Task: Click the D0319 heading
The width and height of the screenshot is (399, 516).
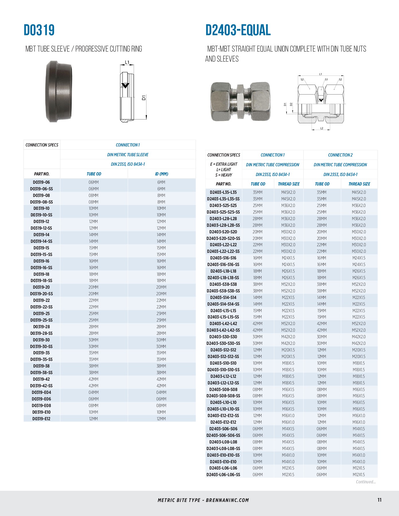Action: click(39, 30)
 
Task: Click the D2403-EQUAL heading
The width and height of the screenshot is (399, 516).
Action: click(238, 30)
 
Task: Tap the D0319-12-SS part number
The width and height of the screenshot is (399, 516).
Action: click(41, 228)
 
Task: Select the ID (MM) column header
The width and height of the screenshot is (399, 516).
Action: click(161, 174)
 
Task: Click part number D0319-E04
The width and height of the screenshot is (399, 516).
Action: click(41, 392)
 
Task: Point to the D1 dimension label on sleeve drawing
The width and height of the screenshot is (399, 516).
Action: click(144, 97)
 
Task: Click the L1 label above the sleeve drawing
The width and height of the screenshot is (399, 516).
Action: click(127, 62)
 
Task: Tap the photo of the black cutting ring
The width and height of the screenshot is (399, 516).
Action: click(59, 91)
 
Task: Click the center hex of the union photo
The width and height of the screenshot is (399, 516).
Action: click(240, 101)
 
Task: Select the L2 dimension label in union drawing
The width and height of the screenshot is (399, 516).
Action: click(322, 128)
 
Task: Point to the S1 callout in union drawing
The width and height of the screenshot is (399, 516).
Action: click(326, 80)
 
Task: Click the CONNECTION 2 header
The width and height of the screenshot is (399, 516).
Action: click(340, 155)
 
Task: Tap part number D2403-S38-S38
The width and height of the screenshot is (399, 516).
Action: click(223, 284)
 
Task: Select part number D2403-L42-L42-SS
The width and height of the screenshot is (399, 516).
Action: click(223, 330)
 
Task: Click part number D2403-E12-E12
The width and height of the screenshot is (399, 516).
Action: click(223, 422)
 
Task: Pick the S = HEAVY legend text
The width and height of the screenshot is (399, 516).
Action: click(223, 175)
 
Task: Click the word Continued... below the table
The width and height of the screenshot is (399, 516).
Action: click(365, 482)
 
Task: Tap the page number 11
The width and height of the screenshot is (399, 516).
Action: click(379, 500)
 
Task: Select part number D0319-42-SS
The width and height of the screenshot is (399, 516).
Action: click(41, 386)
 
